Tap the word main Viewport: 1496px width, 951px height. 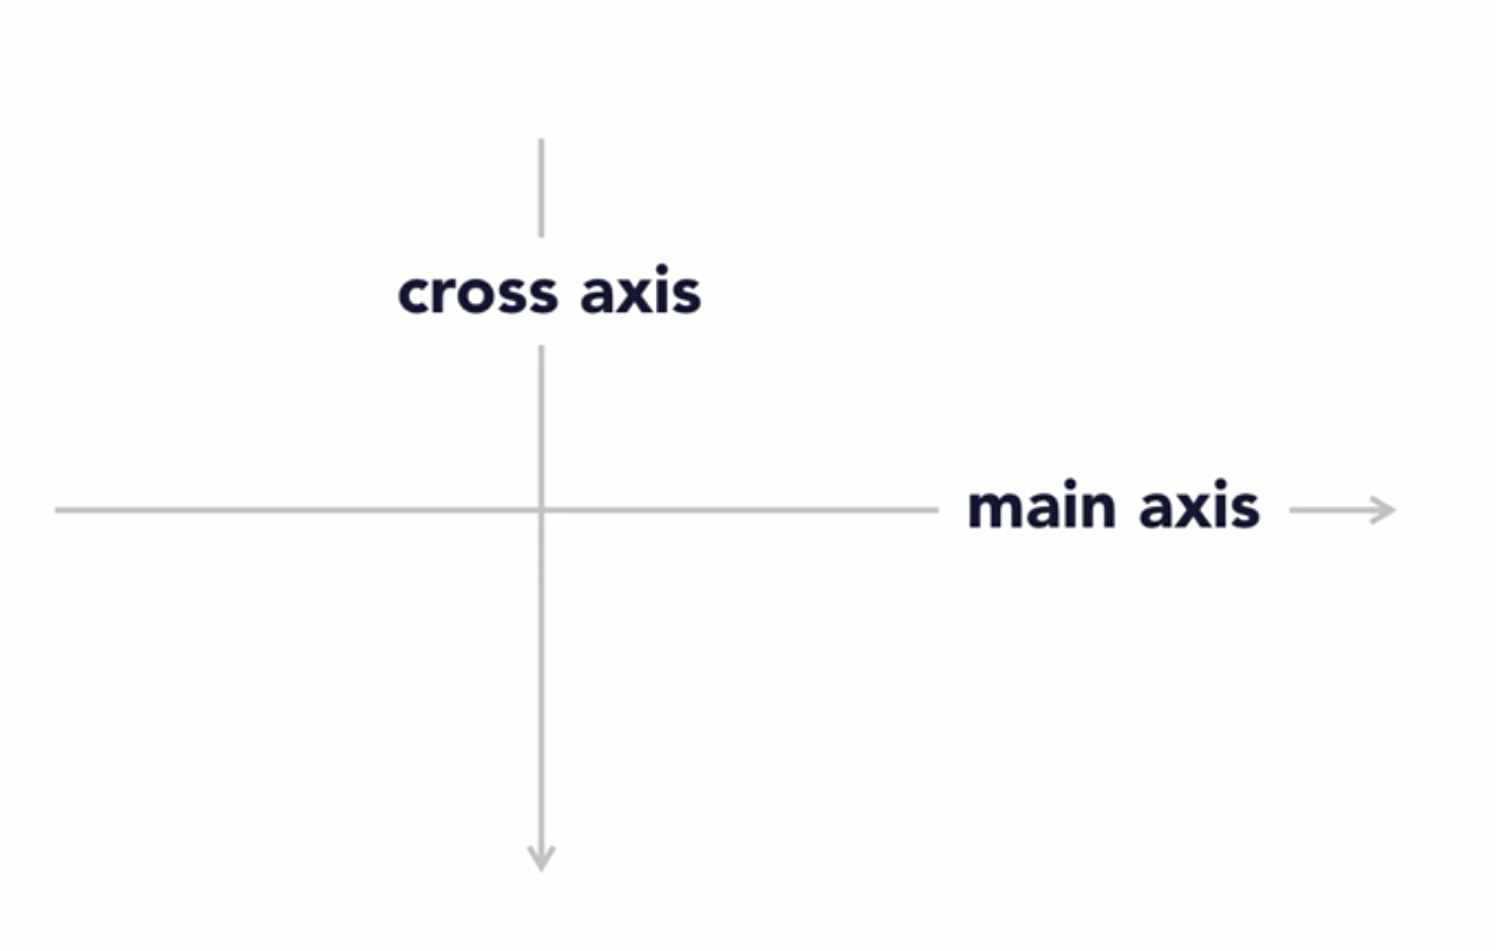[1041, 508]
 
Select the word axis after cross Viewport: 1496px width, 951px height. [640, 293]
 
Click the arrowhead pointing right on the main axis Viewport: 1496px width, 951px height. [1385, 510]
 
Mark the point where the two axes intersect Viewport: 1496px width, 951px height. [541, 510]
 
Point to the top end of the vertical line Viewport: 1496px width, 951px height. [541, 142]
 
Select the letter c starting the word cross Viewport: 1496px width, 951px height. [413, 295]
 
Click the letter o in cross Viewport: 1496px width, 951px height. [474, 295]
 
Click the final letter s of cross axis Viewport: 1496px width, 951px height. [687, 295]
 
